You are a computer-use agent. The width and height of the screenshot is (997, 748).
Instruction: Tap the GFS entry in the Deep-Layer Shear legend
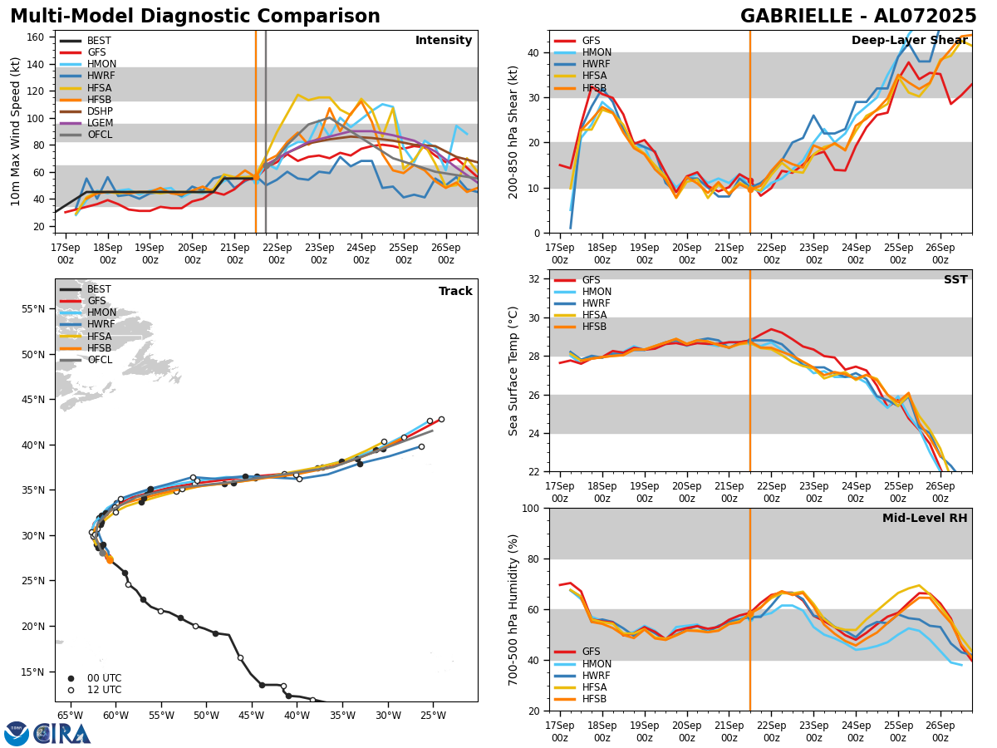[590, 41]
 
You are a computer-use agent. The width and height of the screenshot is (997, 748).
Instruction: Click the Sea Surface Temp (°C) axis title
[513, 371]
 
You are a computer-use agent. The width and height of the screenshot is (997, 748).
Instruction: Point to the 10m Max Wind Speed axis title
[15, 131]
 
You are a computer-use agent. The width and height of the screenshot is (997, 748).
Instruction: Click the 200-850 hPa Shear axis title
[513, 131]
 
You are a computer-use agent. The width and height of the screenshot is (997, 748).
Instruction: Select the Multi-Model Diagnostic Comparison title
[195, 17]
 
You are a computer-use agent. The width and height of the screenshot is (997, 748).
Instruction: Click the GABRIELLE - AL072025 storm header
[858, 17]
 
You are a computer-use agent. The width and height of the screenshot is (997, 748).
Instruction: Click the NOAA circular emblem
[17, 733]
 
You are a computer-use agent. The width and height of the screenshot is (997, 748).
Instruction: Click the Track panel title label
[455, 291]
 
